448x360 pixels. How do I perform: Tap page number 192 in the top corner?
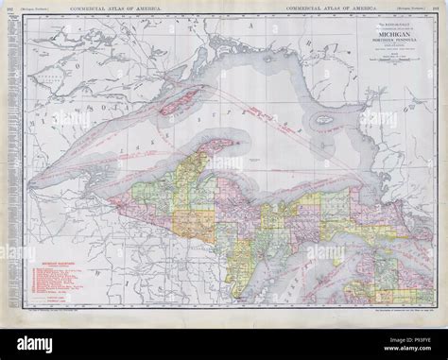(x=9, y=8)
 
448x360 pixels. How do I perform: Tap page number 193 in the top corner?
(x=439, y=8)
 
